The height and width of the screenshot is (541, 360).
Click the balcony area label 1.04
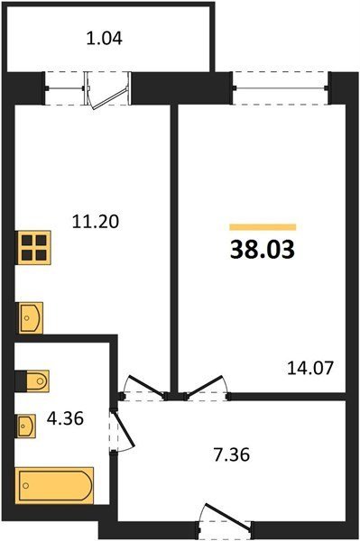coord(105,38)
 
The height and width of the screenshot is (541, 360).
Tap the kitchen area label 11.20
coord(96,221)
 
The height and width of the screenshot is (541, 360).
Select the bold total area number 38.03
coord(263,250)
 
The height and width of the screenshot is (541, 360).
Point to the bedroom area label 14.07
coord(310,368)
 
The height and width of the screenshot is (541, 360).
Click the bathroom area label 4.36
coord(66,418)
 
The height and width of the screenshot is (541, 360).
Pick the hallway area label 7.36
coord(231,454)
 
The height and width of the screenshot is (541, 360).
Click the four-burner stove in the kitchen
coord(33,247)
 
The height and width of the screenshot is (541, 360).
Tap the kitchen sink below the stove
coord(30,317)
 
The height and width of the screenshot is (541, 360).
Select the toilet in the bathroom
coord(32,381)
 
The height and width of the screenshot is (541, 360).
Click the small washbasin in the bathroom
coord(26,426)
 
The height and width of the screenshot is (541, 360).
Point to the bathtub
coord(54,485)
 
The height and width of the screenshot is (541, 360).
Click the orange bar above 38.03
coord(263,226)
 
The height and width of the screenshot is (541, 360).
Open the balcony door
coord(107,91)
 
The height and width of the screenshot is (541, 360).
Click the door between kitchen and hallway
coord(143,388)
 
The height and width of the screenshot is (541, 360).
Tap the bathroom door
coord(123,429)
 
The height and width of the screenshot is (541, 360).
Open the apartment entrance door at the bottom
coord(225,518)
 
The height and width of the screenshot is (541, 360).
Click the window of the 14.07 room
coord(281,88)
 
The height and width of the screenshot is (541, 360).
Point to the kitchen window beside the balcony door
coord(65,88)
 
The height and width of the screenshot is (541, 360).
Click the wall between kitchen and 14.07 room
coord(174,249)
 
